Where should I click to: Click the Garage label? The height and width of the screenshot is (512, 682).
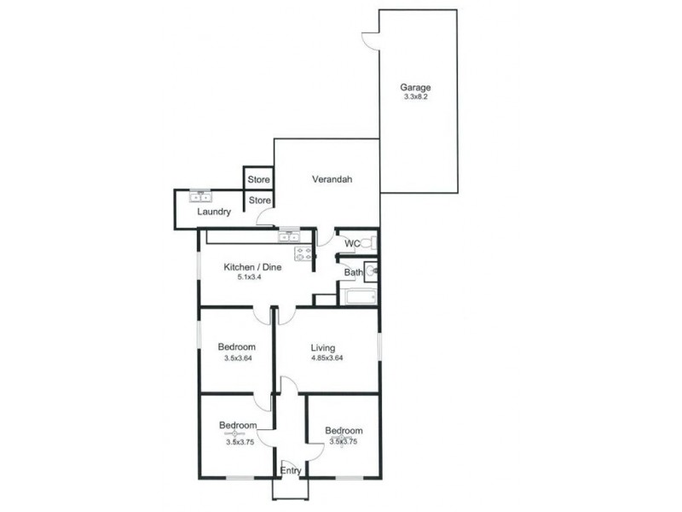click(x=416, y=87)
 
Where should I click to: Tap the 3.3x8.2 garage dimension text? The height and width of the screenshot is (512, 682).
click(x=416, y=98)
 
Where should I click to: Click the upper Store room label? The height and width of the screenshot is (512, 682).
click(x=259, y=180)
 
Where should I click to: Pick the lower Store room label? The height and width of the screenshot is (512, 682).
click(x=259, y=201)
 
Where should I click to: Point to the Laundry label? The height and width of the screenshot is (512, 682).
click(x=214, y=212)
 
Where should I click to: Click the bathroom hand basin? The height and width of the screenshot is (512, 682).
click(x=373, y=272)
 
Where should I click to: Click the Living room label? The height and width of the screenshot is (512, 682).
click(x=322, y=348)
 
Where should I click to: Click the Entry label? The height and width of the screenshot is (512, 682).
click(x=290, y=470)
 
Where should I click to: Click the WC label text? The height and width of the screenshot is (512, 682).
click(x=351, y=244)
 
